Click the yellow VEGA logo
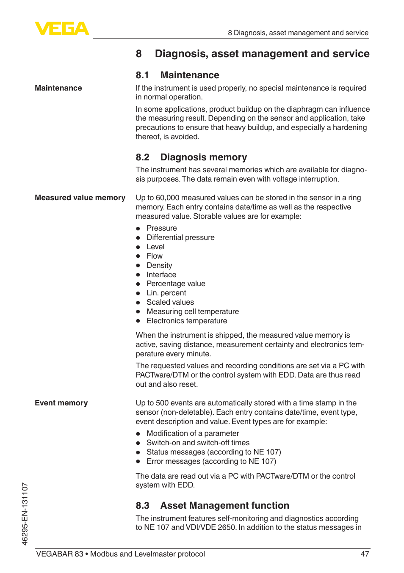(x=62, y=28)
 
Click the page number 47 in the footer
(x=365, y=554)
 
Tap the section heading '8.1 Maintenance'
(x=177, y=75)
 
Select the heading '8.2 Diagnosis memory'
(x=191, y=157)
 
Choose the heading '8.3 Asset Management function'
(x=212, y=506)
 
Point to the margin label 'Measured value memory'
(x=80, y=198)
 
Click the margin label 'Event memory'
(x=61, y=403)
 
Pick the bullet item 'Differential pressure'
(x=180, y=237)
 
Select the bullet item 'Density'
(x=159, y=265)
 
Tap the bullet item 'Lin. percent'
(x=166, y=293)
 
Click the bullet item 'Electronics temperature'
(x=187, y=321)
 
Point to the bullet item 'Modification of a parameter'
(x=193, y=433)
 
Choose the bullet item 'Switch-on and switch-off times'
(x=198, y=443)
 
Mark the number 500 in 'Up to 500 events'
(x=162, y=403)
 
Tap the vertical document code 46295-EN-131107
(x=25, y=514)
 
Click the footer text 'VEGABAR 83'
(x=60, y=554)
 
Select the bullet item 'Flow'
(x=155, y=256)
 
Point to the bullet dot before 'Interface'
(x=138, y=275)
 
